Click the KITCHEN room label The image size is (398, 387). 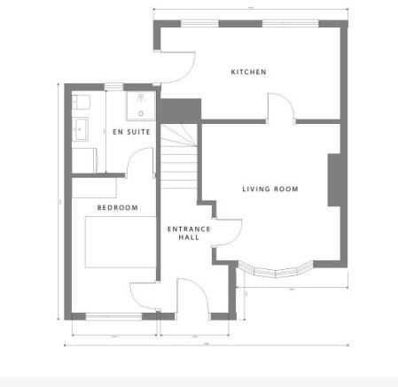point(249,72)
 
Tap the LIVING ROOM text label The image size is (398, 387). point(270,189)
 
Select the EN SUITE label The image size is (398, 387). point(130,132)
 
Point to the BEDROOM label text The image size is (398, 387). point(118,208)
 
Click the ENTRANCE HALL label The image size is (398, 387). point(189,233)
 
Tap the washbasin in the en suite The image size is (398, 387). point(80,128)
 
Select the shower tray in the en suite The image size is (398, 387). point(139,105)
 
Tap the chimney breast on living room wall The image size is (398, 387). point(335,181)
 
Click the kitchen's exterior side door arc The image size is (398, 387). point(181,65)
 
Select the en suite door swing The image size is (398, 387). point(139,161)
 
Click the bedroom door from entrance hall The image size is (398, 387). point(144,296)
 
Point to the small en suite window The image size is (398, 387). point(114,86)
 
